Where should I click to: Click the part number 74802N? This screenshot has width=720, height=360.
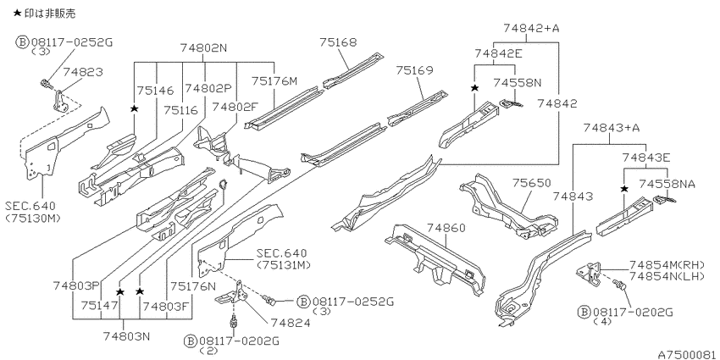[x=204, y=47]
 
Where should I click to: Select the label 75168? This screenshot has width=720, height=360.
[x=338, y=42]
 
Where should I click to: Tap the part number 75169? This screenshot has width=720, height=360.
[x=415, y=70]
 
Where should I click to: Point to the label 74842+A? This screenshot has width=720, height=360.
[x=531, y=28]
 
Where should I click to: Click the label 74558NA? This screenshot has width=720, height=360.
[x=667, y=184]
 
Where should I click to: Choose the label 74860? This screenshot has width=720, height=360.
[x=446, y=228]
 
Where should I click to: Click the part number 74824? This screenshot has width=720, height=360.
[x=291, y=323]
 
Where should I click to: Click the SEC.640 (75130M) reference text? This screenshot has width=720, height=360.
[x=33, y=213]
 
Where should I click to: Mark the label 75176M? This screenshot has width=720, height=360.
[x=274, y=80]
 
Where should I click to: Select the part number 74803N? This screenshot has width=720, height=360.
[x=127, y=336]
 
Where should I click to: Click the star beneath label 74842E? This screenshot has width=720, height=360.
[x=475, y=88]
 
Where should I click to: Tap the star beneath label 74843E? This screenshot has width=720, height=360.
[x=624, y=189]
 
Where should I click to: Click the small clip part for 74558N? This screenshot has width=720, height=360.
[x=510, y=104]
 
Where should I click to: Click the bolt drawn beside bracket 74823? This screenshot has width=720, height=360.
[x=46, y=84]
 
